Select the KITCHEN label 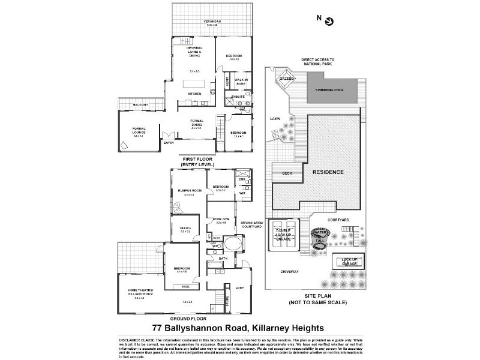pos(194,94)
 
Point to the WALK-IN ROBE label pos(241,81)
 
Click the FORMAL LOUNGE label pos(139,133)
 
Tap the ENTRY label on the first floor pos(169,142)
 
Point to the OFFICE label pos(185,228)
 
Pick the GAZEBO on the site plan pos(285,79)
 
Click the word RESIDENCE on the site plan pos(327,172)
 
